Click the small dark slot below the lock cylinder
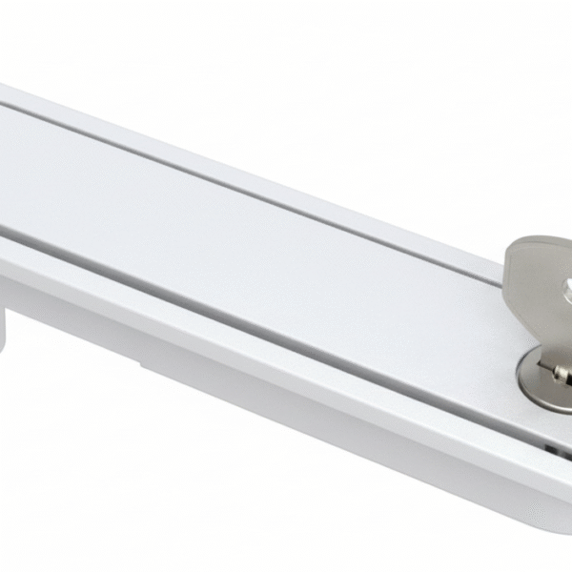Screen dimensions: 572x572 point(554,444)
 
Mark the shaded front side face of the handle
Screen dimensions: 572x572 point(286,400)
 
